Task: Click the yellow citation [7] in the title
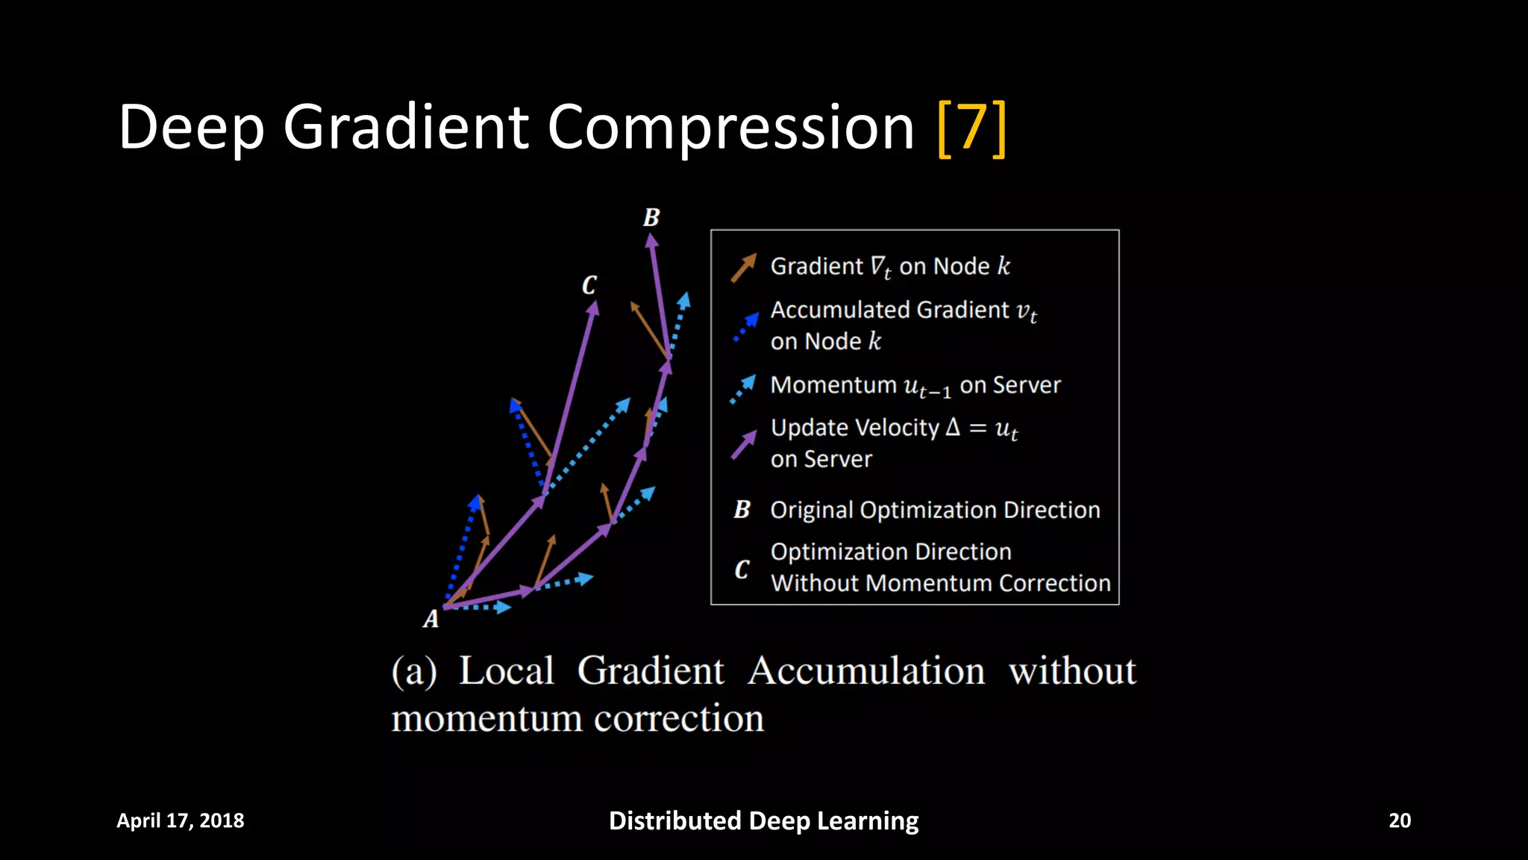tap(971, 128)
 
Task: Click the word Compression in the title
tap(730, 128)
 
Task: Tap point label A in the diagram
tap(430, 620)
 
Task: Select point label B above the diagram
tap(651, 218)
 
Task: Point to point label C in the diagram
tap(589, 285)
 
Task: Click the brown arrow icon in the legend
tap(743, 267)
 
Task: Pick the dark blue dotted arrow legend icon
tap(745, 327)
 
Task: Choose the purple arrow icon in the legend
tap(744, 445)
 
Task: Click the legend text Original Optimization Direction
tap(935, 510)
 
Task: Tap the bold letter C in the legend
tap(742, 570)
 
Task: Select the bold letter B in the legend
tap(742, 510)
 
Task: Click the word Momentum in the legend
tap(833, 385)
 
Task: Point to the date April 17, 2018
tap(180, 820)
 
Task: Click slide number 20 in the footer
tap(1399, 820)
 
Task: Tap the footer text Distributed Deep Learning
tap(763, 820)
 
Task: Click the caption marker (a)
tap(414, 671)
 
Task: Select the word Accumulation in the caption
tap(865, 671)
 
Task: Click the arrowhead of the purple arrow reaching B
tap(651, 240)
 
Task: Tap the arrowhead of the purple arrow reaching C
tap(593, 308)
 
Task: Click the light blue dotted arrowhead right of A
tap(504, 608)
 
